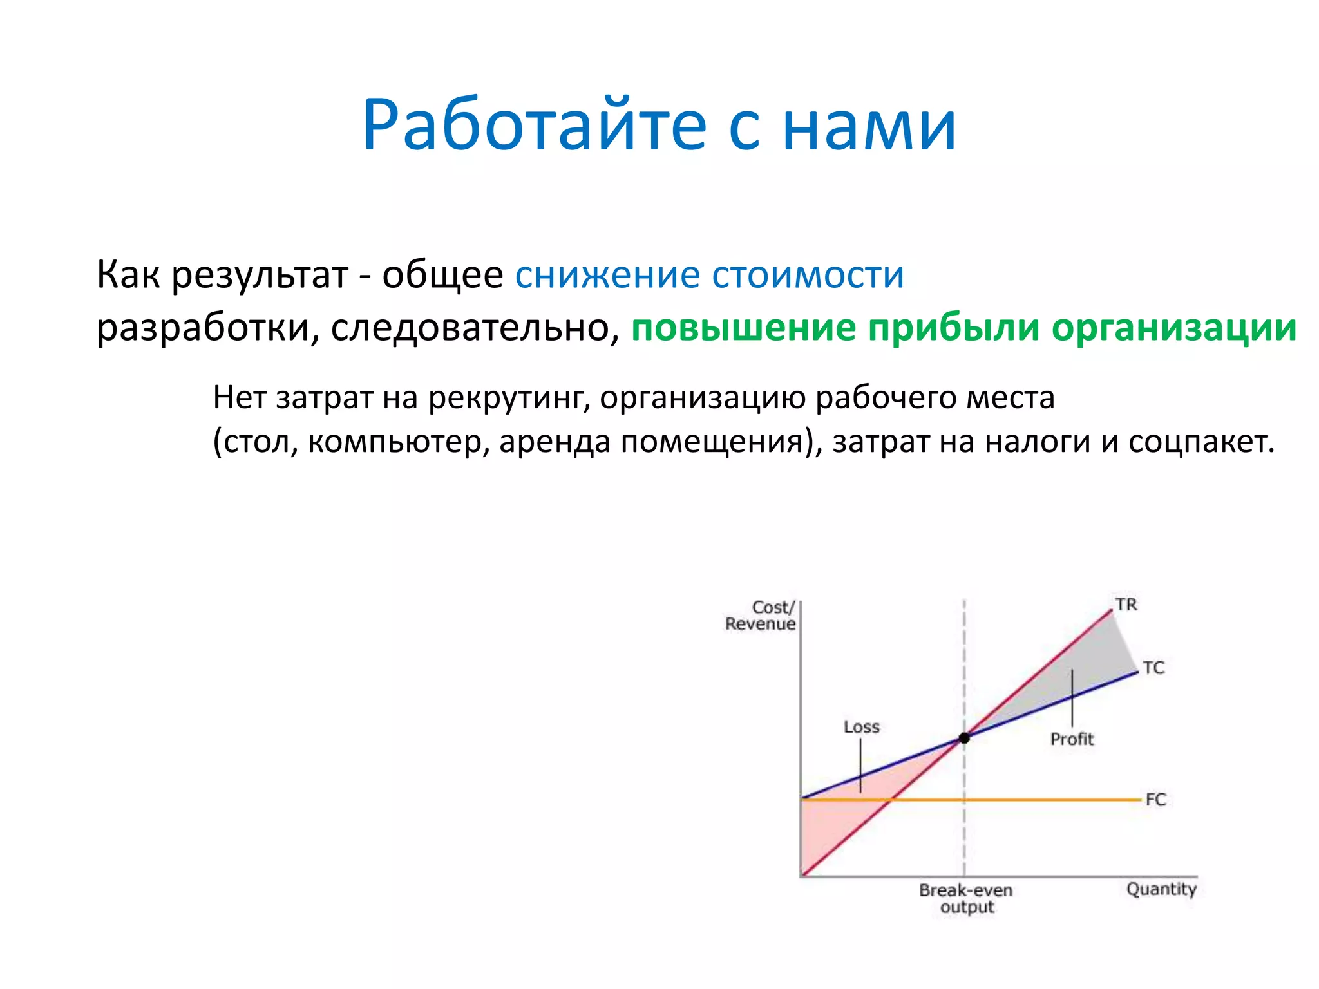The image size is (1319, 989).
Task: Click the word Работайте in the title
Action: point(535,126)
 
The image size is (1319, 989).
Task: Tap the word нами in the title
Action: point(869,126)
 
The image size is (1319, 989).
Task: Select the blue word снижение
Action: point(607,275)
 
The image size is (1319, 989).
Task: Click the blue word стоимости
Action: point(808,275)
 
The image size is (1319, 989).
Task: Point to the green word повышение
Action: point(743,328)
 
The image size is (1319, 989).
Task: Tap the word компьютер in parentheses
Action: point(393,442)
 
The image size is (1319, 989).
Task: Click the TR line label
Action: point(1126,605)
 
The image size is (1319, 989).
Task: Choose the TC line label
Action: point(1153,668)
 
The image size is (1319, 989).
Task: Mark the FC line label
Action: point(1155,800)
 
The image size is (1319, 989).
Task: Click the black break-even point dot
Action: point(964,738)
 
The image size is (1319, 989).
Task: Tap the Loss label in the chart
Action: point(861,727)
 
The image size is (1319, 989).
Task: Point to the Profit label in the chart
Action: point(1072,739)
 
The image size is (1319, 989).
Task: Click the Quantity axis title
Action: point(1161,889)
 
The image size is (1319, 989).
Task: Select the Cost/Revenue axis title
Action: point(761,616)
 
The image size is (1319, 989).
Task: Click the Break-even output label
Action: point(965,898)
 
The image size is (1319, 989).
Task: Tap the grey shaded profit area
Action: point(1088,670)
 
